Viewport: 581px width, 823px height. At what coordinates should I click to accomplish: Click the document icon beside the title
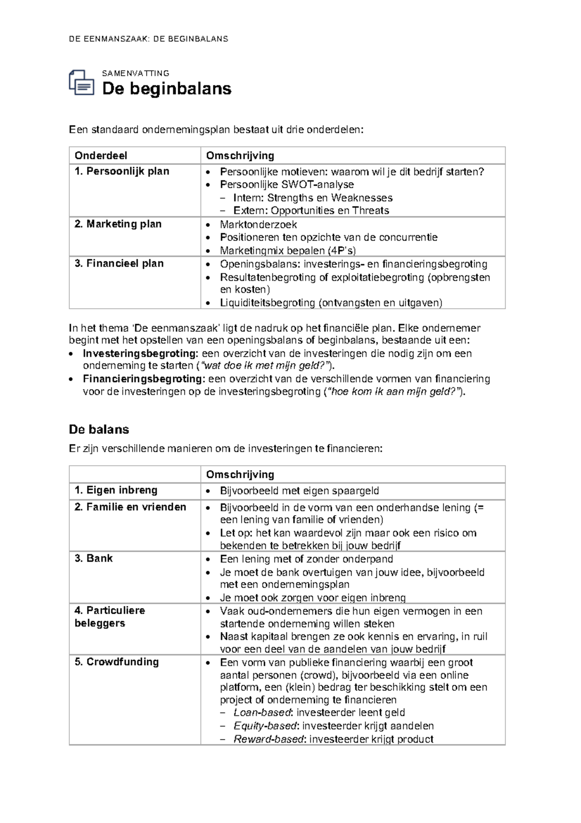[x=81, y=82]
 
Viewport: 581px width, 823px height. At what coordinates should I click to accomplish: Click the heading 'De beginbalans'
[x=167, y=89]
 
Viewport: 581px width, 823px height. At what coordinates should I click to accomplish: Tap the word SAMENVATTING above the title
[x=136, y=73]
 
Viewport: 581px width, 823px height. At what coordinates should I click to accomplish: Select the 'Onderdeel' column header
[x=101, y=156]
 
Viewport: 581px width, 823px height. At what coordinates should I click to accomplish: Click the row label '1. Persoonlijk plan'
[x=122, y=171]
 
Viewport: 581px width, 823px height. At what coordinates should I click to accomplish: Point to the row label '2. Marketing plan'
[x=118, y=224]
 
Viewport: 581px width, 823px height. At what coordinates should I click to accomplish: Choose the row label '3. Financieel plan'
[x=119, y=263]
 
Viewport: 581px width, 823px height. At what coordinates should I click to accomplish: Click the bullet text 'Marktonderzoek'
[x=258, y=224]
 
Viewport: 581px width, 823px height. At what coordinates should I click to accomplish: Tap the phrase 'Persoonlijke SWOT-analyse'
[x=287, y=184]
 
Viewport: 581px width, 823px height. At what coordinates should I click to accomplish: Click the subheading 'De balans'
[x=99, y=429]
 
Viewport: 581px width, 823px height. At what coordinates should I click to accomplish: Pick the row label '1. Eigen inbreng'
[x=116, y=490]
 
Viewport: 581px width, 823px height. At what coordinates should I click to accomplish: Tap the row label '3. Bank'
[x=93, y=558]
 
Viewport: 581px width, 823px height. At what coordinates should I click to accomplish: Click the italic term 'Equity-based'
[x=265, y=726]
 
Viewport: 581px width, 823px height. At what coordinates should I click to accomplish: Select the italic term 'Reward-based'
[x=268, y=739]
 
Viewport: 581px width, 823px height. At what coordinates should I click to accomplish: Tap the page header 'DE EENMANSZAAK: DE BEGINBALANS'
[x=148, y=39]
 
